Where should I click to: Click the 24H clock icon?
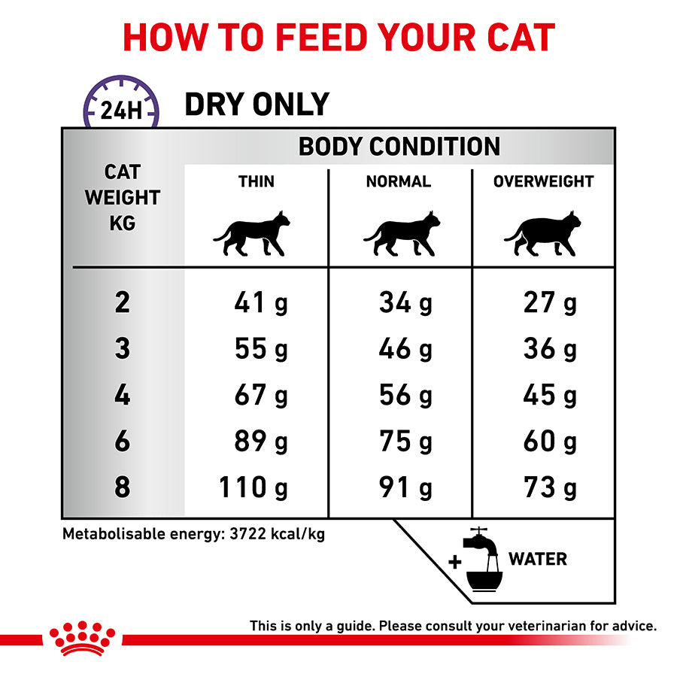click(x=121, y=105)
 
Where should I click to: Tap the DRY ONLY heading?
click(x=257, y=105)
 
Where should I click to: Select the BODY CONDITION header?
click(x=399, y=146)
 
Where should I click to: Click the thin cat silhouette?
click(x=251, y=234)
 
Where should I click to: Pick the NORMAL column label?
click(x=399, y=181)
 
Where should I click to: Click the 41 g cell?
click(x=260, y=303)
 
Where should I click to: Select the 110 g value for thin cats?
click(x=253, y=487)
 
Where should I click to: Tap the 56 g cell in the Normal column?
click(x=405, y=396)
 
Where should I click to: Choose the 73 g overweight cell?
click(x=550, y=487)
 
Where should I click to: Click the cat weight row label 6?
click(x=122, y=442)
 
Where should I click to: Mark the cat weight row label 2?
click(x=122, y=303)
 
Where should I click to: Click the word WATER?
click(x=538, y=559)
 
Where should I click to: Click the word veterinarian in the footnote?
click(x=541, y=626)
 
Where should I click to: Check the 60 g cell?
click(x=550, y=442)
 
